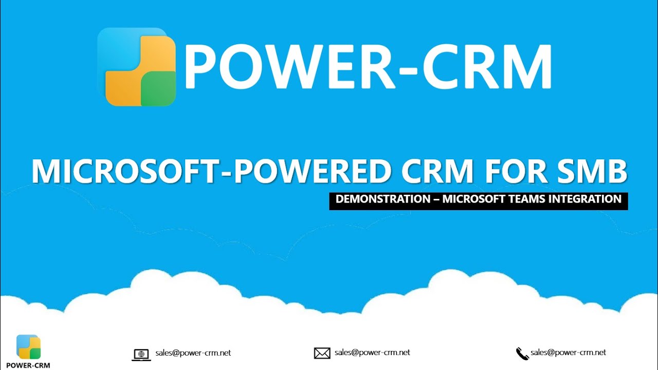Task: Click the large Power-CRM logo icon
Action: coord(136,67)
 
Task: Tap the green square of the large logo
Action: coord(158,88)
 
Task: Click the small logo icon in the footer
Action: coord(28,347)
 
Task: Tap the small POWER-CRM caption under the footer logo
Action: coord(28,365)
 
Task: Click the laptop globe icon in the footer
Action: coord(141,354)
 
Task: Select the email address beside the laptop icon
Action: coord(193,353)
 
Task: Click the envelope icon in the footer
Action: coord(322,353)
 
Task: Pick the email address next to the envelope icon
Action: coord(372,353)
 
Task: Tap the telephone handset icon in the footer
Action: coord(522,354)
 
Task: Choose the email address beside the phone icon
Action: coord(569,353)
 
